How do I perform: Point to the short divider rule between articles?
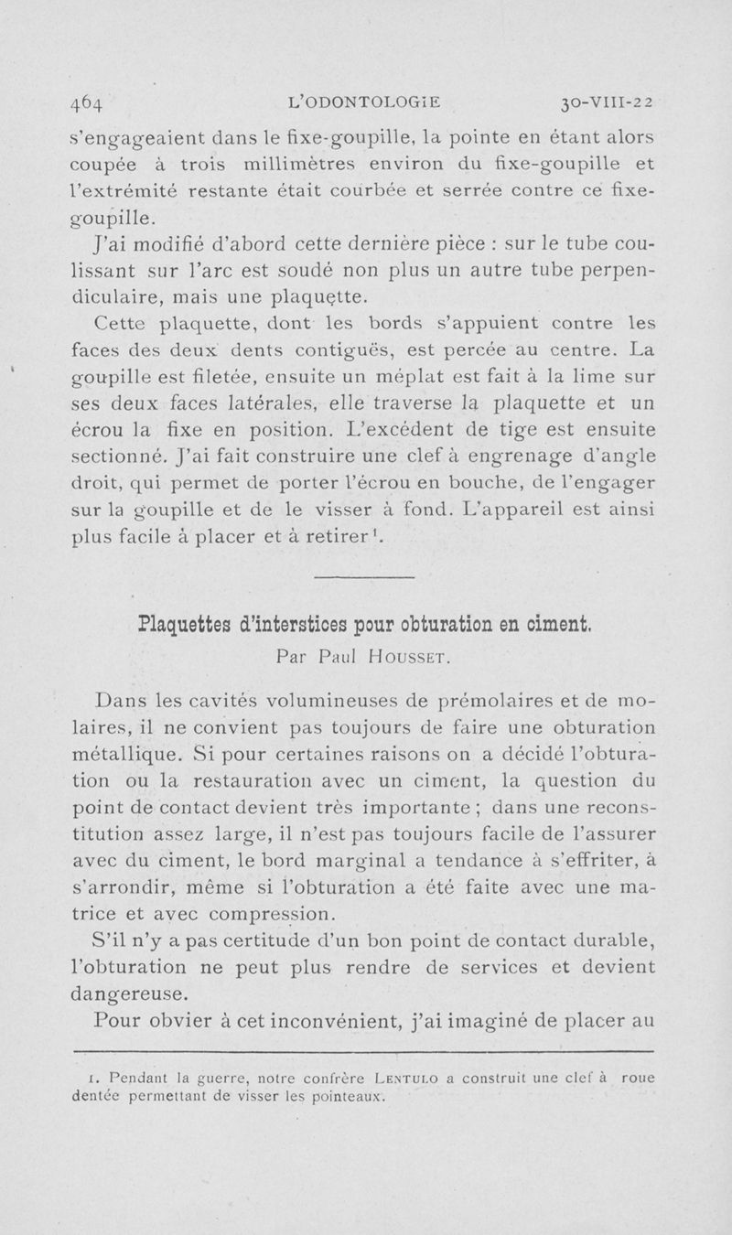(x=365, y=576)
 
